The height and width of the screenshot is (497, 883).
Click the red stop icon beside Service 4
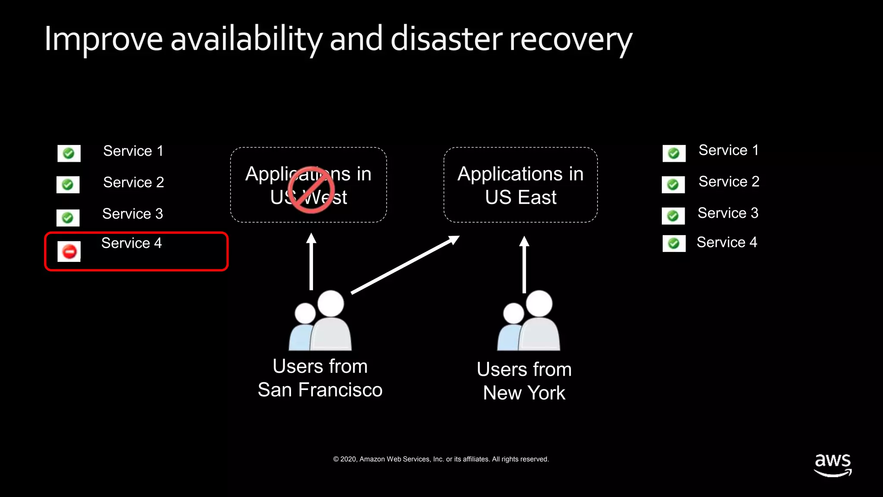(x=69, y=251)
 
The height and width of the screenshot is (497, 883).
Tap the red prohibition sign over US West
(x=311, y=190)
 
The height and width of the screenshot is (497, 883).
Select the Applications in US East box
(x=520, y=185)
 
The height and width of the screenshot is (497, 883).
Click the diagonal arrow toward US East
(x=405, y=264)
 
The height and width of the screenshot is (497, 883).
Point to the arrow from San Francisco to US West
(x=311, y=261)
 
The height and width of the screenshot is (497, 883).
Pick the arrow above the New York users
(x=524, y=264)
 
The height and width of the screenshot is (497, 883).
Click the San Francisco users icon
(x=320, y=320)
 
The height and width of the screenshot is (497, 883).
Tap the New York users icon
(x=529, y=320)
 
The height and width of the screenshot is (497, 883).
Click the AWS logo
(x=833, y=464)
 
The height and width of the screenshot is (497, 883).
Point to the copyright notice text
(x=441, y=459)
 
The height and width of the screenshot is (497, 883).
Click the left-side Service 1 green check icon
(x=69, y=154)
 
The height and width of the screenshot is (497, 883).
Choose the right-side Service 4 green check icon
(x=674, y=244)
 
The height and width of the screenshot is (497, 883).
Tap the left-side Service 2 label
(x=134, y=182)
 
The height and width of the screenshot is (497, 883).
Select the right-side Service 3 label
(x=728, y=213)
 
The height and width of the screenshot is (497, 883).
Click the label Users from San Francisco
(x=320, y=378)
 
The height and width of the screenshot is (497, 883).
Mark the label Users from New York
(x=524, y=381)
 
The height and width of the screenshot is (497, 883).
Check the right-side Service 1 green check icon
(x=674, y=154)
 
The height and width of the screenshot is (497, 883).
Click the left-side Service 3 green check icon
(x=68, y=218)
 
